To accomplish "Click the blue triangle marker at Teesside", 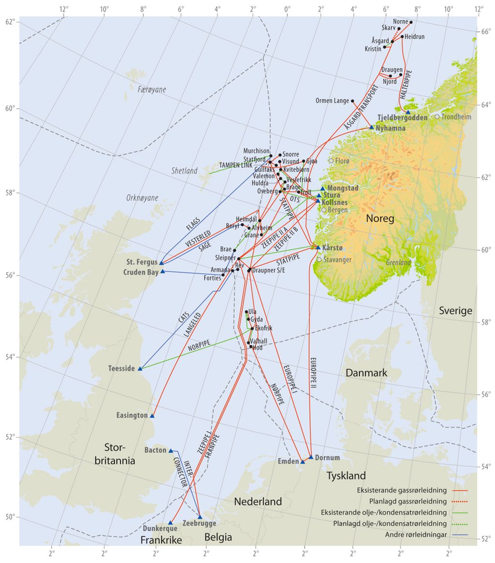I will click(x=140, y=368).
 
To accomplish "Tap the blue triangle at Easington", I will click(x=152, y=416).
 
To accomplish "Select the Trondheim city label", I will click(x=456, y=116).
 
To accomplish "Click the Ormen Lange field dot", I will click(x=352, y=101).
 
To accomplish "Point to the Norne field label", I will click(x=400, y=22).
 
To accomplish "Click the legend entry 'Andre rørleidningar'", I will click(x=416, y=534).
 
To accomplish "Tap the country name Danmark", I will click(x=366, y=373).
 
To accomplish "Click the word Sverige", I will click(x=454, y=311).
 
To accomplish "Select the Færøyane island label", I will click(x=152, y=90).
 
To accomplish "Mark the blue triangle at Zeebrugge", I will click(x=200, y=517).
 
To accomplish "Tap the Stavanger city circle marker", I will click(x=319, y=260).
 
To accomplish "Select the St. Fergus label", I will click(x=142, y=262).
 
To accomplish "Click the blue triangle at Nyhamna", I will click(x=372, y=127).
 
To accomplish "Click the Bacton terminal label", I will click(x=155, y=450).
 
